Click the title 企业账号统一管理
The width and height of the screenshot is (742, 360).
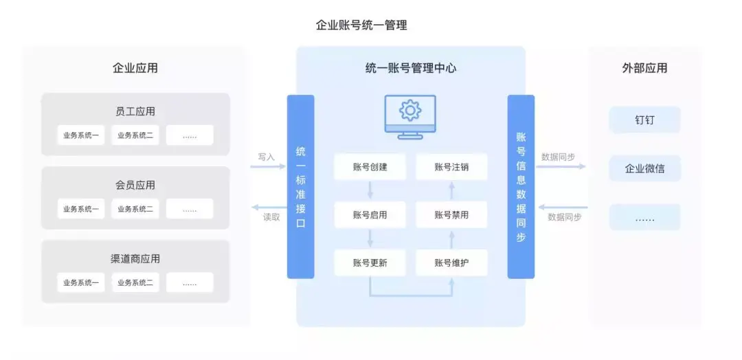pyautogui.click(x=361, y=25)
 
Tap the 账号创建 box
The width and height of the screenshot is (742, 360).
pyautogui.click(x=370, y=167)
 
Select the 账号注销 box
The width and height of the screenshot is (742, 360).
pyautogui.click(x=451, y=167)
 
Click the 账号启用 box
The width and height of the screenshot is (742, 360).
pyautogui.click(x=370, y=215)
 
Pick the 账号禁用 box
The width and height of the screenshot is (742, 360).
pyautogui.click(x=451, y=215)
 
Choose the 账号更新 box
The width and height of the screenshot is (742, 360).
pyautogui.click(x=370, y=262)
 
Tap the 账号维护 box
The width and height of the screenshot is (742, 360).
pyautogui.click(x=451, y=262)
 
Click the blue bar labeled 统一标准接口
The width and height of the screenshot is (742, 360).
pyautogui.click(x=300, y=187)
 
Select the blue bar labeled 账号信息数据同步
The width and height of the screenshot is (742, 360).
pyautogui.click(x=521, y=187)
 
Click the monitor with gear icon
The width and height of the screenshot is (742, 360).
pyautogui.click(x=410, y=117)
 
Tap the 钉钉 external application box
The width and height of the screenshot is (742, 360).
pyautogui.click(x=644, y=120)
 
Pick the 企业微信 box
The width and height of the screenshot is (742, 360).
pyautogui.click(x=644, y=168)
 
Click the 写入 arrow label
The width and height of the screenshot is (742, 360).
pyautogui.click(x=267, y=157)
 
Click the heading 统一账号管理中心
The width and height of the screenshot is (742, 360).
pyautogui.click(x=410, y=68)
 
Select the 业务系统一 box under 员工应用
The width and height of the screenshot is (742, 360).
pyautogui.click(x=81, y=135)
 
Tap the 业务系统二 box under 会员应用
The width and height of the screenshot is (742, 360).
pyautogui.click(x=135, y=209)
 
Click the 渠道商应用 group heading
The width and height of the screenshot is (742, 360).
pyautogui.click(x=135, y=259)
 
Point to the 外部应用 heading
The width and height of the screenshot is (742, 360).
pyautogui.click(x=644, y=68)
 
